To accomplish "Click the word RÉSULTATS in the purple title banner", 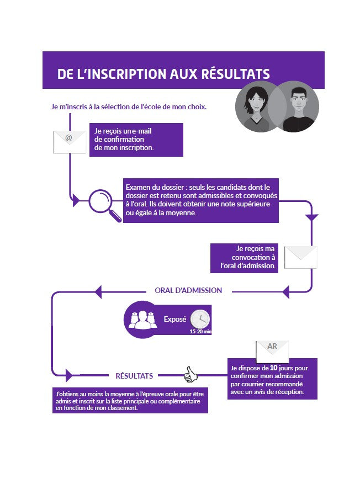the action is click(236, 73).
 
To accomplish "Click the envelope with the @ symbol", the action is click(70, 142).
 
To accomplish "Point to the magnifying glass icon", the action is click(104, 205).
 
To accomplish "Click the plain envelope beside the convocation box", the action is click(300, 257).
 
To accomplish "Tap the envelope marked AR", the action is click(272, 351).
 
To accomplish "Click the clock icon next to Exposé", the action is click(200, 319).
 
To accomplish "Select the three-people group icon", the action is click(142, 320).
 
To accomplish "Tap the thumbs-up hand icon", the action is click(190, 374).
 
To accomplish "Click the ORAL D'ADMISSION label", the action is click(188, 290).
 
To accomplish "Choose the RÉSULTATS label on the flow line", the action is click(134, 376).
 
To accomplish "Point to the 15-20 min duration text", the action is click(200, 332).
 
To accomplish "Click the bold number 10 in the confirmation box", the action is click(273, 368).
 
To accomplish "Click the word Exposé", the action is click(174, 319).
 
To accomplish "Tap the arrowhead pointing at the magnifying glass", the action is click(76, 200).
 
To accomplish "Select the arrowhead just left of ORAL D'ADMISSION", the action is click(98, 291).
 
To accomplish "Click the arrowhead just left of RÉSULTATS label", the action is click(69, 375).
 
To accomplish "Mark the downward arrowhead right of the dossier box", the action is click(312, 218).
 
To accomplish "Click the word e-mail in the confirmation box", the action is click(142, 131).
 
